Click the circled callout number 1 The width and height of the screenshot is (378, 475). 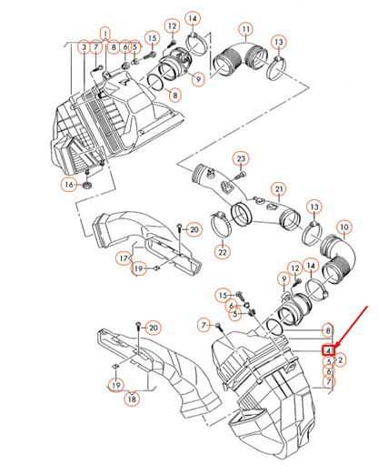[105, 33]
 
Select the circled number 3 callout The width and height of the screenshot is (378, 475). [85, 47]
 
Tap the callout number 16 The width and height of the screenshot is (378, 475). [69, 184]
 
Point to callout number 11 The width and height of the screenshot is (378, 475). [245, 29]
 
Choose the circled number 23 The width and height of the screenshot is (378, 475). [241, 158]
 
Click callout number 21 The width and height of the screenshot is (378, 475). [279, 189]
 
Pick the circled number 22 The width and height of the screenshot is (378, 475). [223, 252]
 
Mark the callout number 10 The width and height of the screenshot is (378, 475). [344, 227]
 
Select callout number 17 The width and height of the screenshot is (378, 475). [124, 258]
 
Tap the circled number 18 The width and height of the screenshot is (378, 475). [132, 399]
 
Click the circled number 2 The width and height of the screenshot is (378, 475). [341, 360]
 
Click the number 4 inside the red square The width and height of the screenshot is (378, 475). [328, 350]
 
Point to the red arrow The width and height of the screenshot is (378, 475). [351, 327]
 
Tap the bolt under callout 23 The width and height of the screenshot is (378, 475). [242, 175]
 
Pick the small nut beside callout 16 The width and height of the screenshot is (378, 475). [87, 185]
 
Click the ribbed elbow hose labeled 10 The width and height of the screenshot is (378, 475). [338, 258]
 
